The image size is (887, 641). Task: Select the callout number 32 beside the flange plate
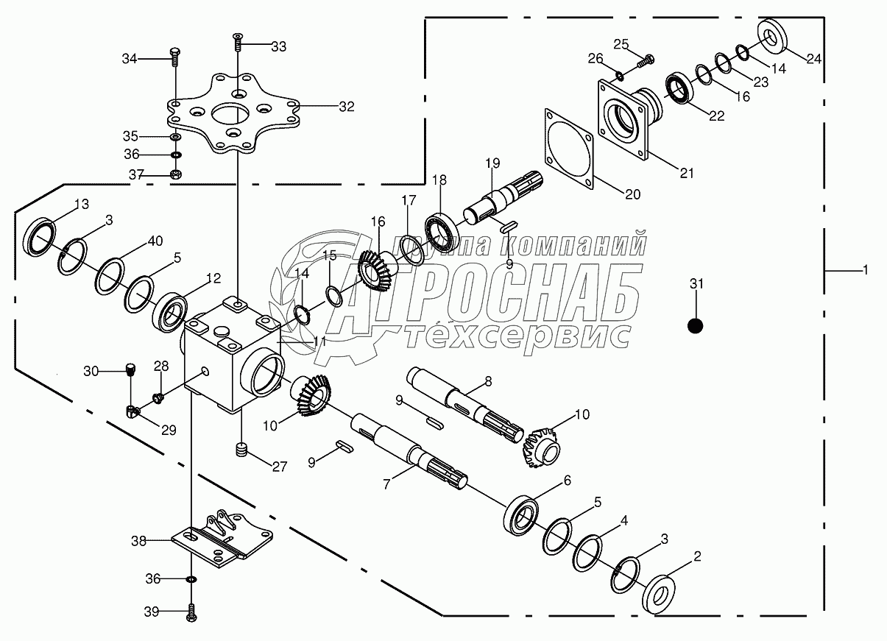346,107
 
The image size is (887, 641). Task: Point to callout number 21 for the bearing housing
687,173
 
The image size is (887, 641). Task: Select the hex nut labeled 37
176,174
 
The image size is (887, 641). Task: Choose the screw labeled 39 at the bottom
192,610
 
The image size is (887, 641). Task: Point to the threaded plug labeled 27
241,450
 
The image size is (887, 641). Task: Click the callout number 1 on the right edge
866,271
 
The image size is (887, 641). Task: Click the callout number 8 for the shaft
487,380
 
